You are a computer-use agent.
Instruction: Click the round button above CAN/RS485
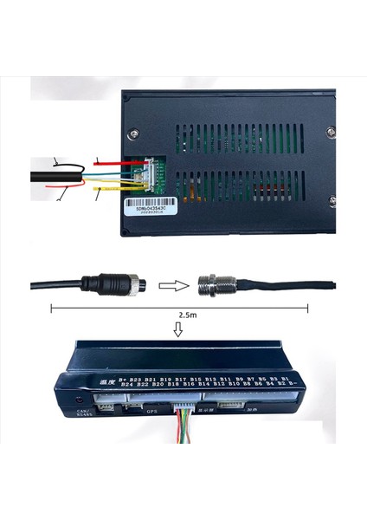80,400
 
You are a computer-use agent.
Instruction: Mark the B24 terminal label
128,386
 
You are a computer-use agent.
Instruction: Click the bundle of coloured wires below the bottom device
184,423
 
